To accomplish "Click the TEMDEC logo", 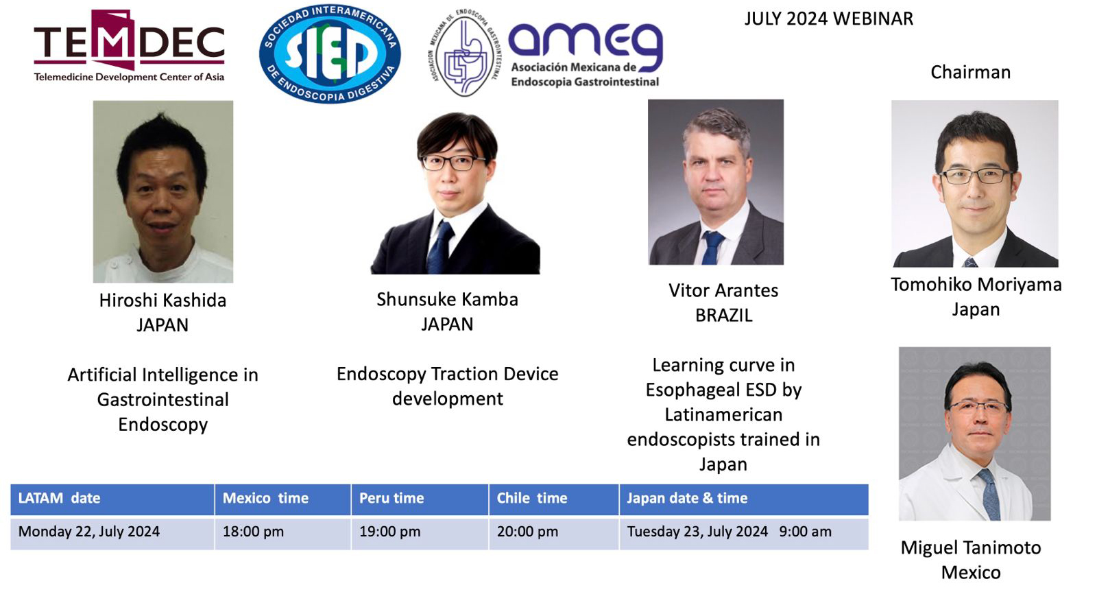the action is [129, 45].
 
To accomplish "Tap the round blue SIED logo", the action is [330, 54].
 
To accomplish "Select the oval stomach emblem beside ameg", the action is [464, 53].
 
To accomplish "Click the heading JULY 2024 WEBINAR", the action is [829, 19].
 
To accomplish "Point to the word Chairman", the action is [970, 72].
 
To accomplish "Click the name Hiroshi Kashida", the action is [162, 300].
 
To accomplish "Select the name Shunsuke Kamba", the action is [447, 299].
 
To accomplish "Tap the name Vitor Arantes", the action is [723, 291].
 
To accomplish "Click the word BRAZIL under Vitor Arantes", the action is [724, 316].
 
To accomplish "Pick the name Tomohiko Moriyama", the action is [976, 285].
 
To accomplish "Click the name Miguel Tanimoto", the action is [971, 548].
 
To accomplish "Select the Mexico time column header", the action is [265, 498].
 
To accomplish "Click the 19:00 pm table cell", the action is [390, 532].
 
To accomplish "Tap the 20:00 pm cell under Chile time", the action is [527, 532].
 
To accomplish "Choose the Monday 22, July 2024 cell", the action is [89, 532].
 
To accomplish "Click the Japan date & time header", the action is [687, 498].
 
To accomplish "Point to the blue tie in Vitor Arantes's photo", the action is [712, 248].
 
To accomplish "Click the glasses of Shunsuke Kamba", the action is [453, 163].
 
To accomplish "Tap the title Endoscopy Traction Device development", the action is [447, 386].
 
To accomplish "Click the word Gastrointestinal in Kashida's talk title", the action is [162, 400].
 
